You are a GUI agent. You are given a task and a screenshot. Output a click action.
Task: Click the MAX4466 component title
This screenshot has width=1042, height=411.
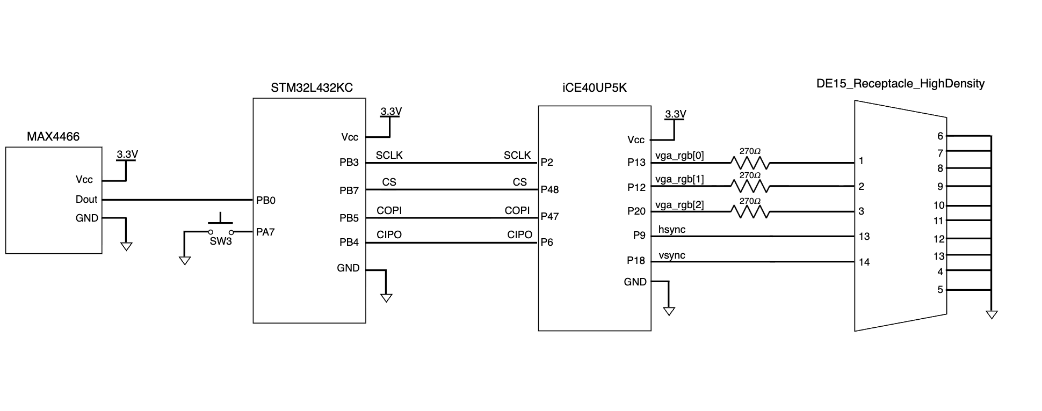(53, 136)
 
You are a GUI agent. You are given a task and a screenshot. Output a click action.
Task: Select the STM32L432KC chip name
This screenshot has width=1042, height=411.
(312, 87)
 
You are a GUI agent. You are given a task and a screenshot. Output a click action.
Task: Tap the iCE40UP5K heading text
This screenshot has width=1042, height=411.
(595, 87)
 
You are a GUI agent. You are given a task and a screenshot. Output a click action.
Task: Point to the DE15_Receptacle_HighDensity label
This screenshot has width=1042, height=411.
(900, 84)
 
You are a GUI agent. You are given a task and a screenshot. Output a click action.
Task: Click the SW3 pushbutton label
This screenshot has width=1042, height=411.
(221, 241)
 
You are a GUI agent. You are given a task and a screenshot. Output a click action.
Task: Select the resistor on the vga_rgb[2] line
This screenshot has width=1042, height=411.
(750, 212)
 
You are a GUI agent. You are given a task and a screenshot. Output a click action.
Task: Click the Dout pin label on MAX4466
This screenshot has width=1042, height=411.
(86, 199)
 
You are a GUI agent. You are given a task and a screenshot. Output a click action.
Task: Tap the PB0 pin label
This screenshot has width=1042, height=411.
(266, 200)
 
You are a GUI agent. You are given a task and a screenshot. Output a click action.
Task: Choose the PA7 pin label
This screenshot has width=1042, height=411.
(265, 232)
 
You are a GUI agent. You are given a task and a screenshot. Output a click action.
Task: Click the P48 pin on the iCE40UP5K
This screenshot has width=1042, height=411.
(549, 189)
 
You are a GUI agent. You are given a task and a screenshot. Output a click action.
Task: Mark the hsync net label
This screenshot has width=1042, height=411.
(672, 230)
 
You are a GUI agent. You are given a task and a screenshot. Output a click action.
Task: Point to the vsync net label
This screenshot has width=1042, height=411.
(672, 255)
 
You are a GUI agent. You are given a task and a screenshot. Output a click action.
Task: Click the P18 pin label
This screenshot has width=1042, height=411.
(636, 260)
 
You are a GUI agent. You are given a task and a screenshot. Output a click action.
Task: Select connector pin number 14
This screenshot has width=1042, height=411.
(864, 262)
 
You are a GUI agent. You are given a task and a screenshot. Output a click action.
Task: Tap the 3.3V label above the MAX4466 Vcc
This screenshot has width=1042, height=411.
(127, 154)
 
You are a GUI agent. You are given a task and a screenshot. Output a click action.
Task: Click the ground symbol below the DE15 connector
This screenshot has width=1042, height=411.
(992, 315)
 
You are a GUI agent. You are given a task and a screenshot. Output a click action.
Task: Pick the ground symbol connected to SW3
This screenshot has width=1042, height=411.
(184, 261)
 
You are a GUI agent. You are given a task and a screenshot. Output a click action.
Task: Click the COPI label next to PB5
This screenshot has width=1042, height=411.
(389, 210)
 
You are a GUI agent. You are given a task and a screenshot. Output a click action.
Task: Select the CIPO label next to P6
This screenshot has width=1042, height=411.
(519, 234)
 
